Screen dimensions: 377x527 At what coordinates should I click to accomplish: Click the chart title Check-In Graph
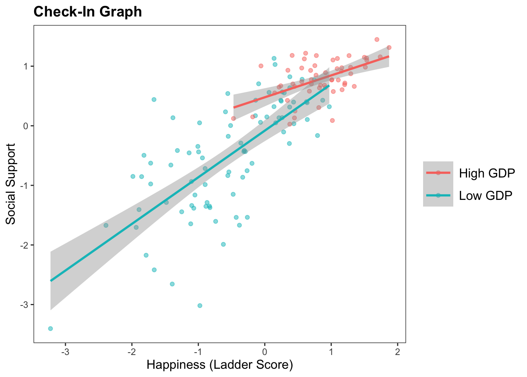tap(88, 12)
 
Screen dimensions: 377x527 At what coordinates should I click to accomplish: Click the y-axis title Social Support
tap(11, 184)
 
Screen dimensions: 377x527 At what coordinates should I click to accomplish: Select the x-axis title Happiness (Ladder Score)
tap(220, 365)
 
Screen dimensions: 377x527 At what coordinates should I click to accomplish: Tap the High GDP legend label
tap(487, 173)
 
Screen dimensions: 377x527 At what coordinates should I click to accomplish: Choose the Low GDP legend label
tap(485, 196)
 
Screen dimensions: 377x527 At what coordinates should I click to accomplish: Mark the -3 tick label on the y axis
tap(25, 305)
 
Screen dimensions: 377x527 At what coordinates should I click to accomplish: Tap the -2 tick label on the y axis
tap(25, 245)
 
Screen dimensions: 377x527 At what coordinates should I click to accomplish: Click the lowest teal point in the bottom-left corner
tap(50, 328)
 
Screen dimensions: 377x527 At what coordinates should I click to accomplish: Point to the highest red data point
tap(377, 39)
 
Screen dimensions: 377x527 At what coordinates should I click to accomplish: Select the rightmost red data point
tap(389, 48)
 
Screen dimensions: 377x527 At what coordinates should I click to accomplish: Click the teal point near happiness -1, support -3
tap(200, 306)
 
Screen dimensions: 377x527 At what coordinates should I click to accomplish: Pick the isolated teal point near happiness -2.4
tap(105, 225)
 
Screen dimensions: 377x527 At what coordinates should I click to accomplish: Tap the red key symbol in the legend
tap(438, 173)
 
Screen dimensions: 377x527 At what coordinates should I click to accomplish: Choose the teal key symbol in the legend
tap(438, 196)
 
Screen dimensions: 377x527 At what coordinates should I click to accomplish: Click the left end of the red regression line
tap(234, 107)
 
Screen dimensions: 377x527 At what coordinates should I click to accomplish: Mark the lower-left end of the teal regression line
tap(51, 280)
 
